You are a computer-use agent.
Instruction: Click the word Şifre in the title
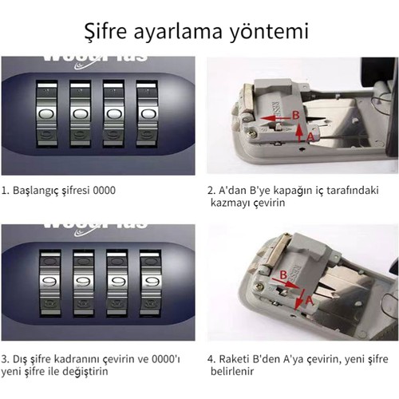pyautogui.click(x=105, y=31)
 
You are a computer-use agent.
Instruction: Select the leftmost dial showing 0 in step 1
pyautogui.click(x=47, y=114)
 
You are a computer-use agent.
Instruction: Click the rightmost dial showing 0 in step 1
pyautogui.click(x=147, y=114)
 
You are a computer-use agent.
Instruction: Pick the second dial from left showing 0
pyautogui.click(x=81, y=114)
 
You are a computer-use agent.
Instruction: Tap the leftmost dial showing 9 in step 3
pyautogui.click(x=50, y=282)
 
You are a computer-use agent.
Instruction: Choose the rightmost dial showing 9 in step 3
pyautogui.click(x=151, y=282)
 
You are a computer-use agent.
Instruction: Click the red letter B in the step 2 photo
pyautogui.click(x=296, y=116)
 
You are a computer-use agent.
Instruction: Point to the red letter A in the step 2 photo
pyautogui.click(x=310, y=136)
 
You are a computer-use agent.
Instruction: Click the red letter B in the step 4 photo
pyautogui.click(x=283, y=275)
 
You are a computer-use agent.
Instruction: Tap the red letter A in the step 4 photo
pyautogui.click(x=309, y=301)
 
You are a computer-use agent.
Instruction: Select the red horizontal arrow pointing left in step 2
pyautogui.click(x=275, y=118)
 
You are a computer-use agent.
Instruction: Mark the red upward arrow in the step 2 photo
pyautogui.click(x=300, y=132)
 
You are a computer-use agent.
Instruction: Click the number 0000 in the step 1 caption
pyautogui.click(x=105, y=191)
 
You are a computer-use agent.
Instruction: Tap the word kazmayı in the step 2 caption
pyautogui.click(x=230, y=203)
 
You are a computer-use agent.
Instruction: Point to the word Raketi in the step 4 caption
pyautogui.click(x=234, y=359)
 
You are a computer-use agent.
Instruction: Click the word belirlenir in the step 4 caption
pyautogui.click(x=232, y=371)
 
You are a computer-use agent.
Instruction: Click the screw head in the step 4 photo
pyautogui.click(x=260, y=287)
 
